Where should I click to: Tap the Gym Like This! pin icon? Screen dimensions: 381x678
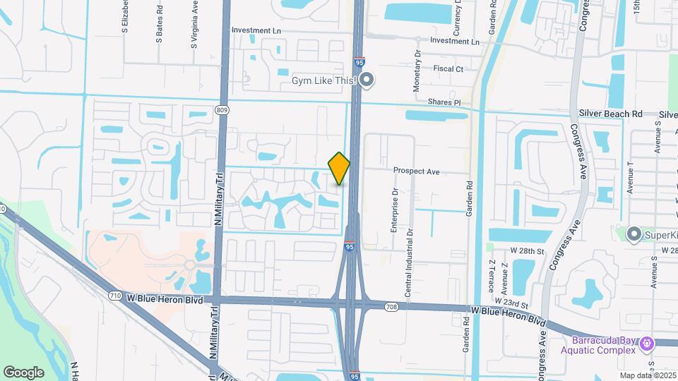click(366, 81)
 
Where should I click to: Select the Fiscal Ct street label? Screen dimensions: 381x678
click(448, 69)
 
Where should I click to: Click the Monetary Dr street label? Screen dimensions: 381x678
click(417, 70)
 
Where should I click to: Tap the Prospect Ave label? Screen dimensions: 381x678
click(417, 171)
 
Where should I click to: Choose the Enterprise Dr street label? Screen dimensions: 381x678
click(395, 210)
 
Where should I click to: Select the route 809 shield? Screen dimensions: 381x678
click(223, 109)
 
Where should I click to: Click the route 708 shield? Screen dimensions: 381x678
click(391, 306)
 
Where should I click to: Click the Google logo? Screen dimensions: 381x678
click(24, 372)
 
